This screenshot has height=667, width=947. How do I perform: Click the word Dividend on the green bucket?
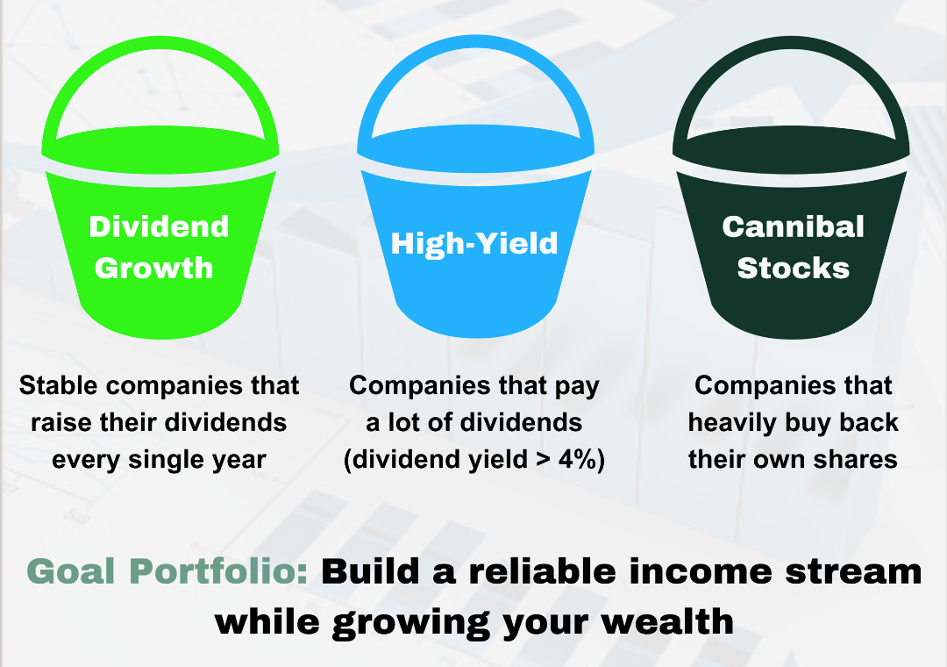point(160,226)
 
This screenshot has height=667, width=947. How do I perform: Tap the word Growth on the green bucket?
point(154,268)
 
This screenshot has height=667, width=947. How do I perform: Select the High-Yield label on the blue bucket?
point(474,244)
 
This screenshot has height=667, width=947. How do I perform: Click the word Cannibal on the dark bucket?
point(793,226)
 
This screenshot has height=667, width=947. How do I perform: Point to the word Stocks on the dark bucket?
point(793,268)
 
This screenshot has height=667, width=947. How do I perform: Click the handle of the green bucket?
point(160,46)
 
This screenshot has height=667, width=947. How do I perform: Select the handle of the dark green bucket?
point(791,46)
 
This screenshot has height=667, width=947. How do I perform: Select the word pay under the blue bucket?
point(577,387)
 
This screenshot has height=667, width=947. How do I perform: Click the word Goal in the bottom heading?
point(71,571)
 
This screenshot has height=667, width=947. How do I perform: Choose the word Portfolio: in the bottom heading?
point(218,571)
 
